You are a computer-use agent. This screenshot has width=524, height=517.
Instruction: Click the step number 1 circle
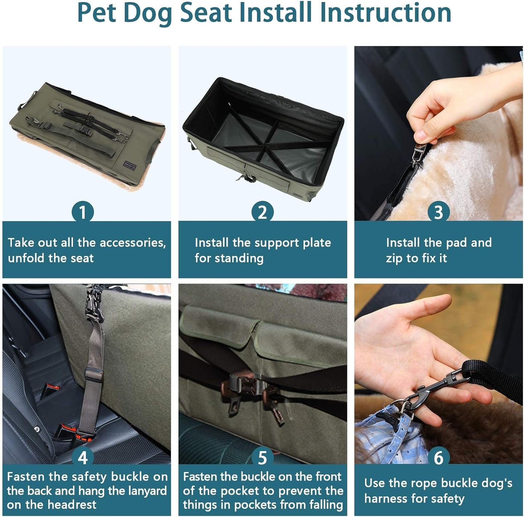pyautogui.click(x=83, y=212)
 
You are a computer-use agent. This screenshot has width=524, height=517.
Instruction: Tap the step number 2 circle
pyautogui.click(x=263, y=212)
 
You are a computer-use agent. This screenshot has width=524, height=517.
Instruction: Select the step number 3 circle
pyautogui.click(x=438, y=212)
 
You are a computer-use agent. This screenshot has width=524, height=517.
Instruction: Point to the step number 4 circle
pyautogui.click(x=83, y=458)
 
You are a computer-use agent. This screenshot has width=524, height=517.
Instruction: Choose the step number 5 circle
pyautogui.click(x=263, y=458)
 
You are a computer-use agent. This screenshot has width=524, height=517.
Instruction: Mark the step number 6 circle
pyautogui.click(x=438, y=458)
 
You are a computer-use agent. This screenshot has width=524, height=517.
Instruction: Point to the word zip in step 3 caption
pyautogui.click(x=394, y=258)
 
